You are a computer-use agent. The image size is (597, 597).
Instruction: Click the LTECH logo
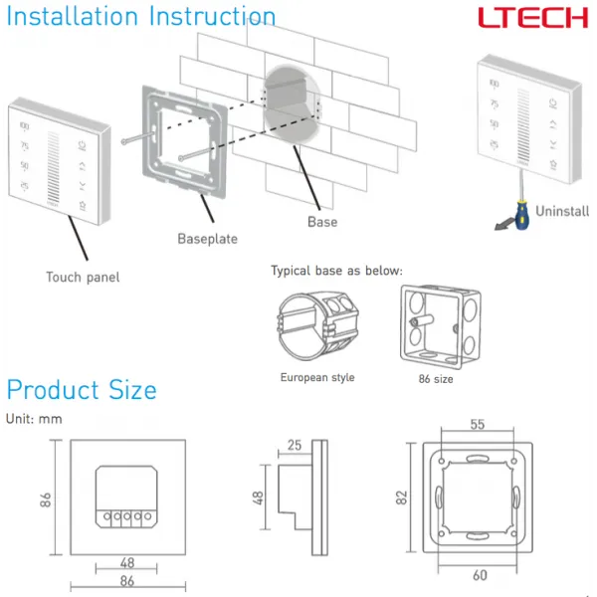pyautogui.click(x=532, y=19)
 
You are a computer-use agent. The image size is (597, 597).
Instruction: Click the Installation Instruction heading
pyautogui.click(x=141, y=17)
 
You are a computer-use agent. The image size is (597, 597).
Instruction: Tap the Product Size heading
pyautogui.click(x=82, y=389)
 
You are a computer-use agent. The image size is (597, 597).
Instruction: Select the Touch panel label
pyautogui.click(x=83, y=277)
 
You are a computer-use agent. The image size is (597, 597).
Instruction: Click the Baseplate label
pyautogui.click(x=208, y=239)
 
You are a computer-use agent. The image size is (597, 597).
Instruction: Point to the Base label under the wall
pyautogui.click(x=322, y=222)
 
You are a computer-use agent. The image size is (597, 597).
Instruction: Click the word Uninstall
pyautogui.click(x=562, y=211)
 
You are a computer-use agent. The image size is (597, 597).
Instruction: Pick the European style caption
pyautogui.click(x=316, y=377)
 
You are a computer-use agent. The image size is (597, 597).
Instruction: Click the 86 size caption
pyautogui.click(x=436, y=378)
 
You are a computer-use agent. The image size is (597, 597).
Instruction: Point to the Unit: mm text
pyautogui.click(x=34, y=419)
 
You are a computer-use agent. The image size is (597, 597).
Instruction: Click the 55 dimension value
pyautogui.click(x=477, y=424)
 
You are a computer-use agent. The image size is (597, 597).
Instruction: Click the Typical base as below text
pyautogui.click(x=336, y=271)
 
